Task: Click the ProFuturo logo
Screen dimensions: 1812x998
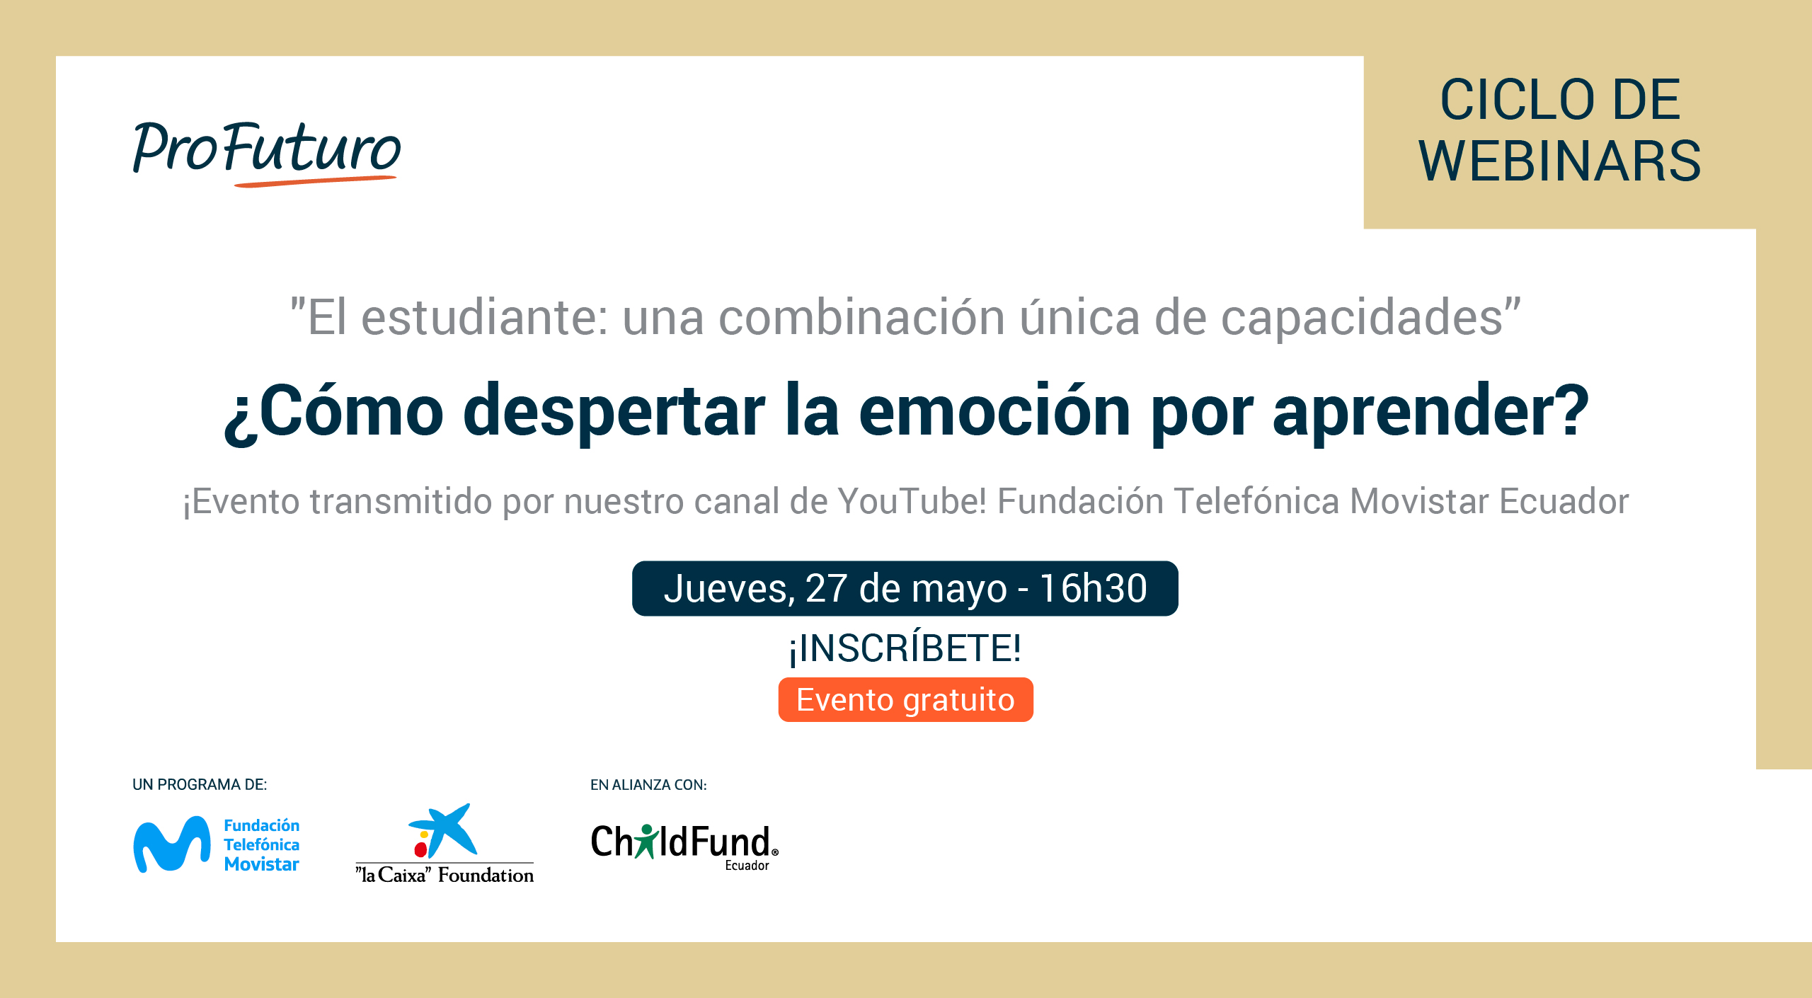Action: coord(267,152)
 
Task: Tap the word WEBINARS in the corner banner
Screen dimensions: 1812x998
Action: coord(1560,161)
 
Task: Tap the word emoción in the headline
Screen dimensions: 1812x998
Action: coord(994,411)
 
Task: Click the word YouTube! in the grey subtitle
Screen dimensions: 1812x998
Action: coord(912,501)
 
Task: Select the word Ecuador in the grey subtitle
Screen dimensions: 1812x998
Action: coord(1564,501)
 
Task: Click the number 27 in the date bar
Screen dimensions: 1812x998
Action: coord(826,588)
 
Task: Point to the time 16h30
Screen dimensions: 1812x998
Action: coord(1093,588)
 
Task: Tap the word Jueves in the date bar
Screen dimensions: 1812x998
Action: coord(725,589)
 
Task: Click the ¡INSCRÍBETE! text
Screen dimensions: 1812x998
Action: coord(905,648)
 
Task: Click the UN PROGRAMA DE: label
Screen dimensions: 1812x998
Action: coord(200,784)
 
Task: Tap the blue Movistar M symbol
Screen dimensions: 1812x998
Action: coord(172,844)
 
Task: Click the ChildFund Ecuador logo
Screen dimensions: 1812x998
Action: coord(684,847)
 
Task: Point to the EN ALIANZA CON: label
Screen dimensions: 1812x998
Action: coord(648,784)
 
